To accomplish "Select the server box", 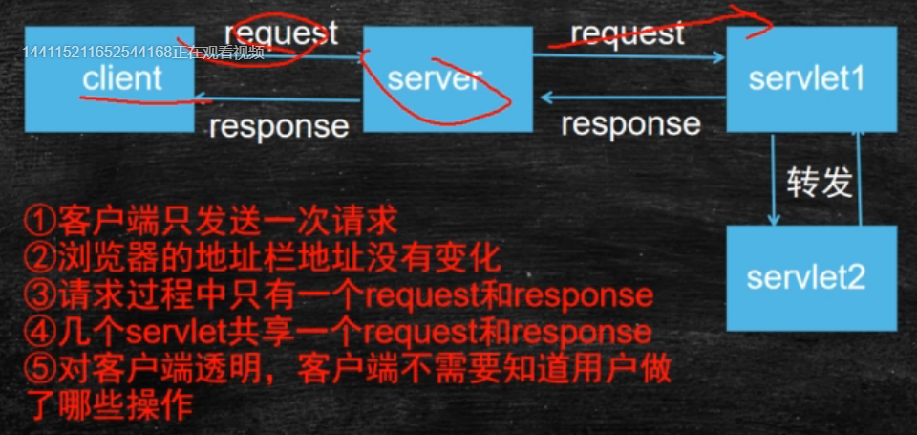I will tap(447, 79).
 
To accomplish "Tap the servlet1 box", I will tap(811, 79).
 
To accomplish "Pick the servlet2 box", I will tap(811, 278).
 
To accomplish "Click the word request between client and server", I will tap(281, 33).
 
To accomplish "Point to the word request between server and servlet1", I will tap(628, 33).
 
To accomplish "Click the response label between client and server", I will tap(279, 126).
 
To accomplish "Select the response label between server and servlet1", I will tap(630, 124).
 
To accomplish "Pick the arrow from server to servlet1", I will tap(630, 58).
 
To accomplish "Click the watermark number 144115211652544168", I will tap(96, 52).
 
